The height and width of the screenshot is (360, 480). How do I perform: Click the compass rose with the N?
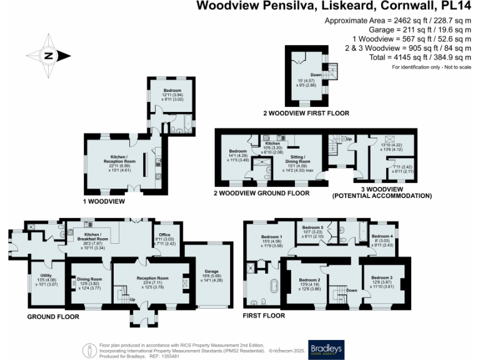coord(49,56)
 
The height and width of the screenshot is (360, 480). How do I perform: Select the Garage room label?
coord(206,264)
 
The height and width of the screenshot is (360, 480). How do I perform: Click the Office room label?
coord(164,234)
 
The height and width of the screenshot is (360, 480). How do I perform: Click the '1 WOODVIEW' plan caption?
coord(104,202)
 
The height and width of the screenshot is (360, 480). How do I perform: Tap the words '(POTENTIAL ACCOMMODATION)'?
coord(383,196)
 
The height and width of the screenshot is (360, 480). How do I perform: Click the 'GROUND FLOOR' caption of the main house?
coord(53,317)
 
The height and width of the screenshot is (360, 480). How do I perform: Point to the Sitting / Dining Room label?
coord(296,161)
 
